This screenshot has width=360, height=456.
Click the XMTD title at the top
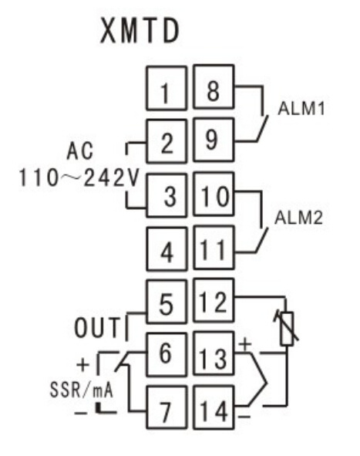140,31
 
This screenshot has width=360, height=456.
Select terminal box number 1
167,88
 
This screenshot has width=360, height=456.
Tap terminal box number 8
214,87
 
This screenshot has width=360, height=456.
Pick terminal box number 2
167,141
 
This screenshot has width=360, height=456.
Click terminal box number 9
214,140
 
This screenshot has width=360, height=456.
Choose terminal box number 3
167,195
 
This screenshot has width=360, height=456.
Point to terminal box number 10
214,194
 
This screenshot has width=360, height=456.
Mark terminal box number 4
167,249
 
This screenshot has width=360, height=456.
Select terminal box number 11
214,248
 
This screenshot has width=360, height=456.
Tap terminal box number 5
167,302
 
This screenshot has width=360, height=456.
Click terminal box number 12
214,300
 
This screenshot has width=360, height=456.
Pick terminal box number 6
167,354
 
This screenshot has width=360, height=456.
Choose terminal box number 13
214,353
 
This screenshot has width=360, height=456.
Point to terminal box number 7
167,407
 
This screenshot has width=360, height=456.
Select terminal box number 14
214,407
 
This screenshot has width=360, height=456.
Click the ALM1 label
301,109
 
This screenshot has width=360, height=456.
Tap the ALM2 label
298,218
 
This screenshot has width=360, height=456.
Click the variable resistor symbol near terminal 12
287,329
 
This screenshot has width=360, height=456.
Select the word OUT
97,327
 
